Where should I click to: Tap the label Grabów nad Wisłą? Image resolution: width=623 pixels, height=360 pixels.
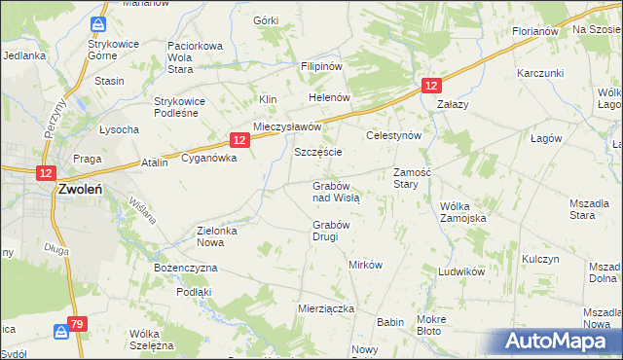336,191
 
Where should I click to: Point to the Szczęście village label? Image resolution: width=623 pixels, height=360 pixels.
317,153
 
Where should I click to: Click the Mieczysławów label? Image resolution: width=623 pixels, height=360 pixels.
287,127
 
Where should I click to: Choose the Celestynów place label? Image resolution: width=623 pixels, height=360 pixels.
392,136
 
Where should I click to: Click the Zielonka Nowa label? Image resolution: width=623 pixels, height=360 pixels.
224,236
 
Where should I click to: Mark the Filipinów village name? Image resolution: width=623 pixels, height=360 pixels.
321,66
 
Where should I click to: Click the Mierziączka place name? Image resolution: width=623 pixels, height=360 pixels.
325,308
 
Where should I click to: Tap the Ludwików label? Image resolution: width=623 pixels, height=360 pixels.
461,271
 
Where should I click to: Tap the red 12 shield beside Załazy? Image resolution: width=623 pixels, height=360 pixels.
431,86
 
